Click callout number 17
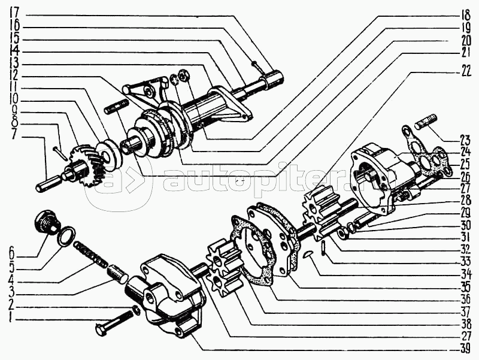pyautogui.click(x=14, y=14)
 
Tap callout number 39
pyautogui.click(x=465, y=349)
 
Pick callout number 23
pyautogui.click(x=465, y=140)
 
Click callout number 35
pyautogui.click(x=465, y=288)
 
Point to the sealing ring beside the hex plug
pyautogui.click(x=66, y=236)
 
